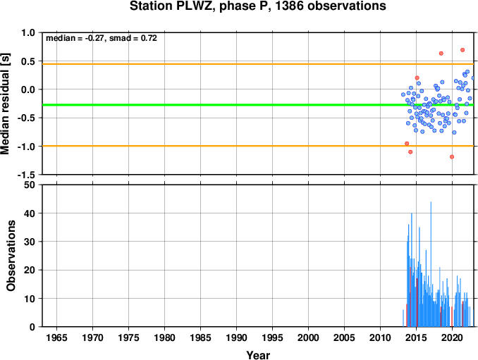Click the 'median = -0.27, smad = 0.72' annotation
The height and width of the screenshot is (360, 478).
(x=102, y=38)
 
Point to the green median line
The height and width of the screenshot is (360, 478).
(x=258, y=105)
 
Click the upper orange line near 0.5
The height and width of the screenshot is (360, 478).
(x=258, y=64)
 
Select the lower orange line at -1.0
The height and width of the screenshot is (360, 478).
(x=258, y=146)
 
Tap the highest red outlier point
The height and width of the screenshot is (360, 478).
(x=462, y=50)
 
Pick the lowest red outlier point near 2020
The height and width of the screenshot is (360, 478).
(x=452, y=157)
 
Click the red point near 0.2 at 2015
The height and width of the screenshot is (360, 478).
(x=417, y=78)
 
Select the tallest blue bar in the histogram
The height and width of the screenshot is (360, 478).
(x=431, y=264)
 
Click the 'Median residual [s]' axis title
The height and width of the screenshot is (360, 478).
(x=5, y=104)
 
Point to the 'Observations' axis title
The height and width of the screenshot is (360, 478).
(x=11, y=256)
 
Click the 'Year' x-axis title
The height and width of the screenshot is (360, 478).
(x=258, y=355)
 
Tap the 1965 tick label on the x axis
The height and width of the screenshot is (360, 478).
(x=56, y=337)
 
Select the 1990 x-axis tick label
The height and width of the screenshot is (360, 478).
(x=236, y=337)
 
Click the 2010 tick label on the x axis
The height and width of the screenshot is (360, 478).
(x=380, y=337)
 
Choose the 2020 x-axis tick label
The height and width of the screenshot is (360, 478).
(x=452, y=337)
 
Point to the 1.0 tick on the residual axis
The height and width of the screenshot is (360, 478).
(x=28, y=32)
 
